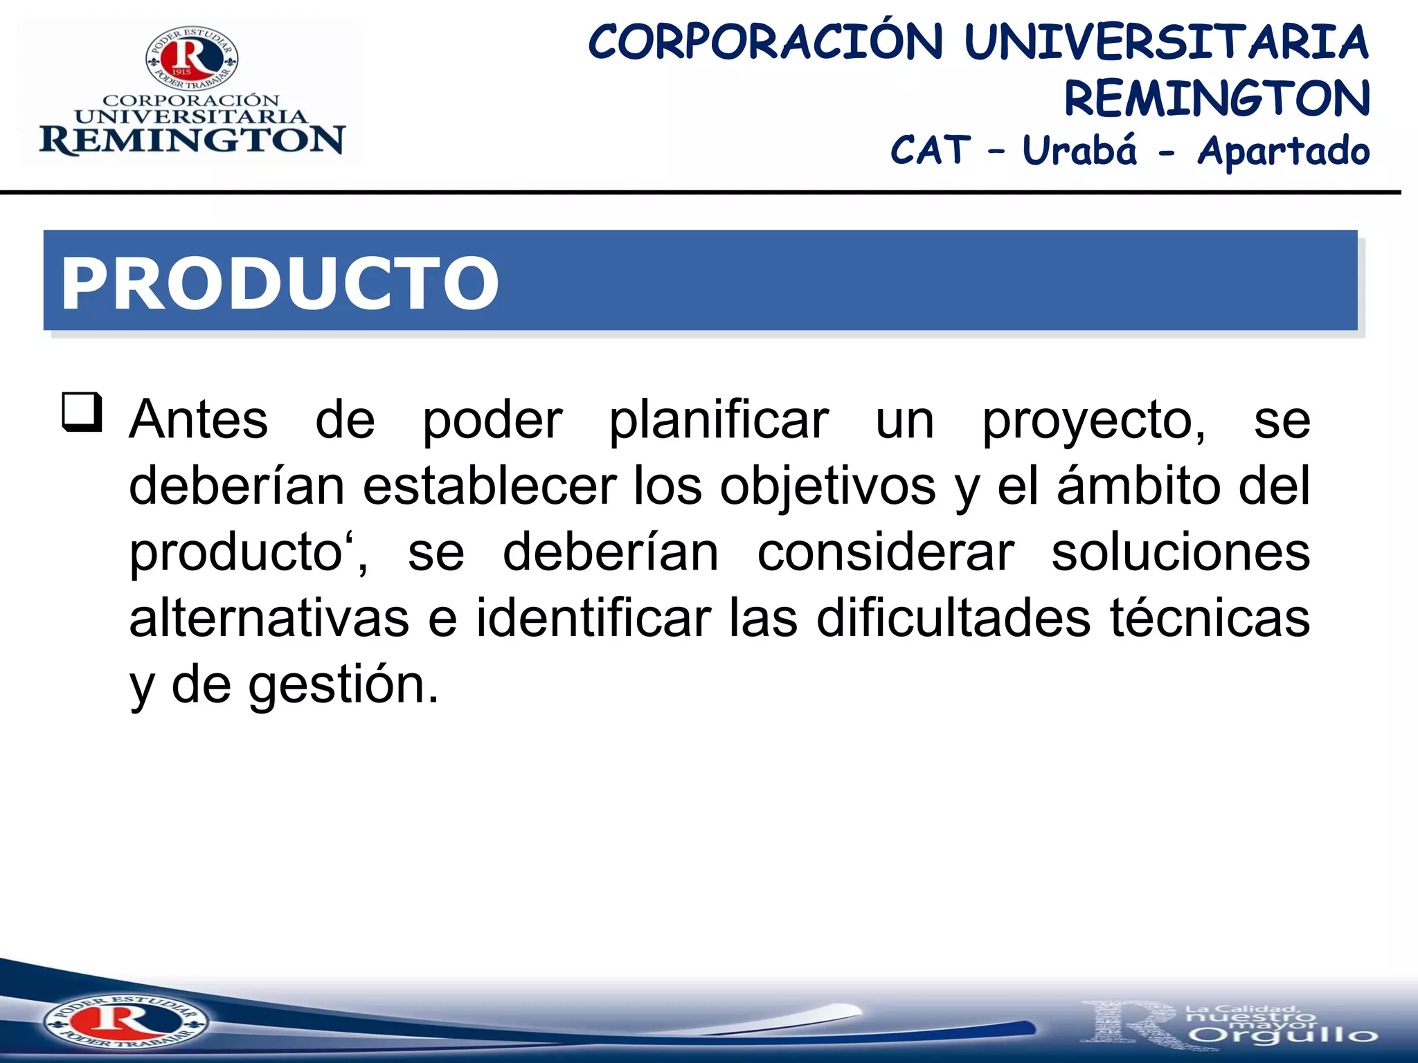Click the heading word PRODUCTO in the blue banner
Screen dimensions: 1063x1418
[x=279, y=283]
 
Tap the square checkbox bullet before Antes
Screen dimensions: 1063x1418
[x=82, y=412]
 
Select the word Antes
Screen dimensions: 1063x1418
[x=199, y=420]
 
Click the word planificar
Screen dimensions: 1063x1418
[x=719, y=420]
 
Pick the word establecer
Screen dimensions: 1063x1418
[x=490, y=486]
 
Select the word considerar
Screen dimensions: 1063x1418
[x=886, y=553]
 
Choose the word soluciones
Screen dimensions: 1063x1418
[x=1181, y=553]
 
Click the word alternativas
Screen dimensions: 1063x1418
[x=269, y=618]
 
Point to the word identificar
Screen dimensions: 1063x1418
[x=593, y=618]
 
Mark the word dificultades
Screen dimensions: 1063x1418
[x=954, y=618]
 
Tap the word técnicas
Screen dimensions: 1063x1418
[x=1210, y=618]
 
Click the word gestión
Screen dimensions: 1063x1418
[x=343, y=685]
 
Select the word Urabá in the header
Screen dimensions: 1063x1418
[x=1079, y=150]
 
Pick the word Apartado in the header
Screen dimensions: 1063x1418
[x=1284, y=152]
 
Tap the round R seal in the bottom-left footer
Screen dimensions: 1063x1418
[x=125, y=1021]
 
